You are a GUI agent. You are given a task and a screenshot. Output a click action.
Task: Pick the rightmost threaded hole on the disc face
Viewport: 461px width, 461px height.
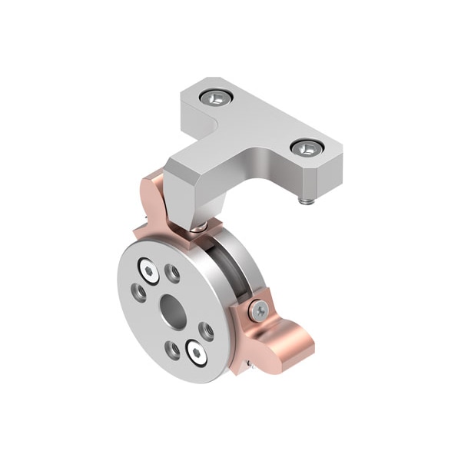[206, 331]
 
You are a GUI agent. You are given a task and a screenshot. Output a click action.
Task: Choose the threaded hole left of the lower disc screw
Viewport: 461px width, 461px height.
[174, 350]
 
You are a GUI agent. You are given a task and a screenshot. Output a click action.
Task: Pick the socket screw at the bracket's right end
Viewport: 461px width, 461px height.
[306, 148]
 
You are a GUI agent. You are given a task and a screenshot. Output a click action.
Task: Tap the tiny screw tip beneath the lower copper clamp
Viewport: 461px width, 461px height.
[248, 363]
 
